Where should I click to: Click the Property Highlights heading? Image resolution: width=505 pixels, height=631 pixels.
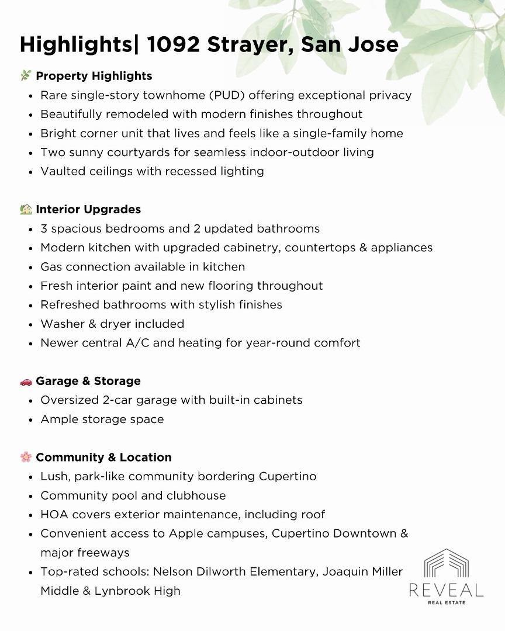coord(94,76)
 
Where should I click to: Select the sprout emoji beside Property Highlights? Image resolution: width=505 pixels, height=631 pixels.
coord(26,76)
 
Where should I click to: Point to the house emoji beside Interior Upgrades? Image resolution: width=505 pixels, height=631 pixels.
coord(26,209)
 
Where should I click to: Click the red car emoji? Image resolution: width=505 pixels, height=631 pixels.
coord(26,382)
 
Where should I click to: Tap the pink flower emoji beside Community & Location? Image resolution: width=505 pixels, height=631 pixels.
coord(26,457)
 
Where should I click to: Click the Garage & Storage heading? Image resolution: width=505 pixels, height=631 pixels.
coord(88,381)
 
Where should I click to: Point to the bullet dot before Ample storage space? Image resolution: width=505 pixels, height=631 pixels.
coord(30,419)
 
